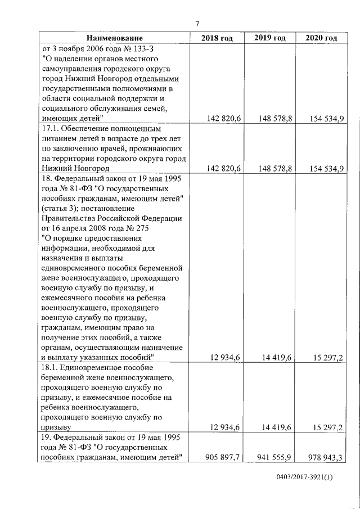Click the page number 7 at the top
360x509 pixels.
click(x=197, y=24)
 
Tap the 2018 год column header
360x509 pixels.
click(x=217, y=38)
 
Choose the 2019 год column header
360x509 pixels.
click(x=270, y=38)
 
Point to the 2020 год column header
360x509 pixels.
click(x=321, y=38)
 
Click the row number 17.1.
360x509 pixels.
click(x=51, y=128)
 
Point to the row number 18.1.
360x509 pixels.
click(x=51, y=367)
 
